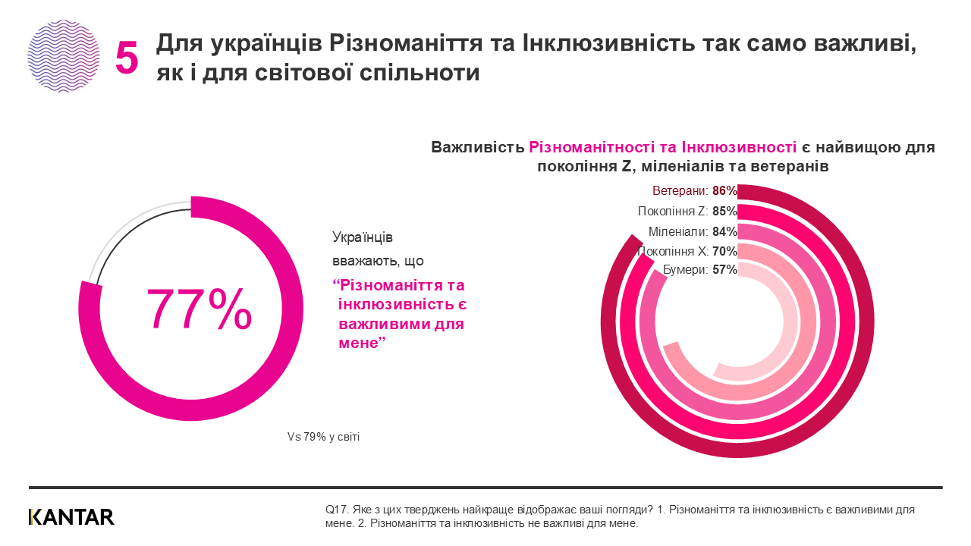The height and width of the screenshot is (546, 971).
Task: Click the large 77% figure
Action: pyautogui.click(x=199, y=309)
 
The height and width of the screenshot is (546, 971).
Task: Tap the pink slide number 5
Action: pyautogui.click(x=127, y=58)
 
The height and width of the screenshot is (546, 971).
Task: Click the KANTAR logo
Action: pyautogui.click(x=71, y=517)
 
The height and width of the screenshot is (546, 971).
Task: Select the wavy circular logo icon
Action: pyautogui.click(x=64, y=55)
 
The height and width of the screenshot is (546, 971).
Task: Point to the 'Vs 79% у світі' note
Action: pyautogui.click(x=323, y=437)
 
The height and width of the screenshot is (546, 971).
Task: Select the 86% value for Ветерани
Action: pyautogui.click(x=725, y=192)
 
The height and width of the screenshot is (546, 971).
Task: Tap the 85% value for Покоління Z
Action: pyautogui.click(x=725, y=212)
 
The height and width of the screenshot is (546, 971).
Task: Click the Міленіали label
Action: pyautogui.click(x=678, y=231)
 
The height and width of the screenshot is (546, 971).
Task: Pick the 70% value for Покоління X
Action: pyautogui.click(x=725, y=251)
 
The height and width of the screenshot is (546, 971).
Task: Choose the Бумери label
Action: pyautogui.click(x=686, y=270)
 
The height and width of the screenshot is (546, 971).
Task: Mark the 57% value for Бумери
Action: pyautogui.click(x=725, y=270)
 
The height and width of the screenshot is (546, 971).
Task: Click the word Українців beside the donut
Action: pyautogui.click(x=363, y=237)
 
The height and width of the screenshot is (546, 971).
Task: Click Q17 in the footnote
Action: pyautogui.click(x=335, y=510)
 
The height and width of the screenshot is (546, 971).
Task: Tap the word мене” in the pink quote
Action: pyautogui.click(x=362, y=344)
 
